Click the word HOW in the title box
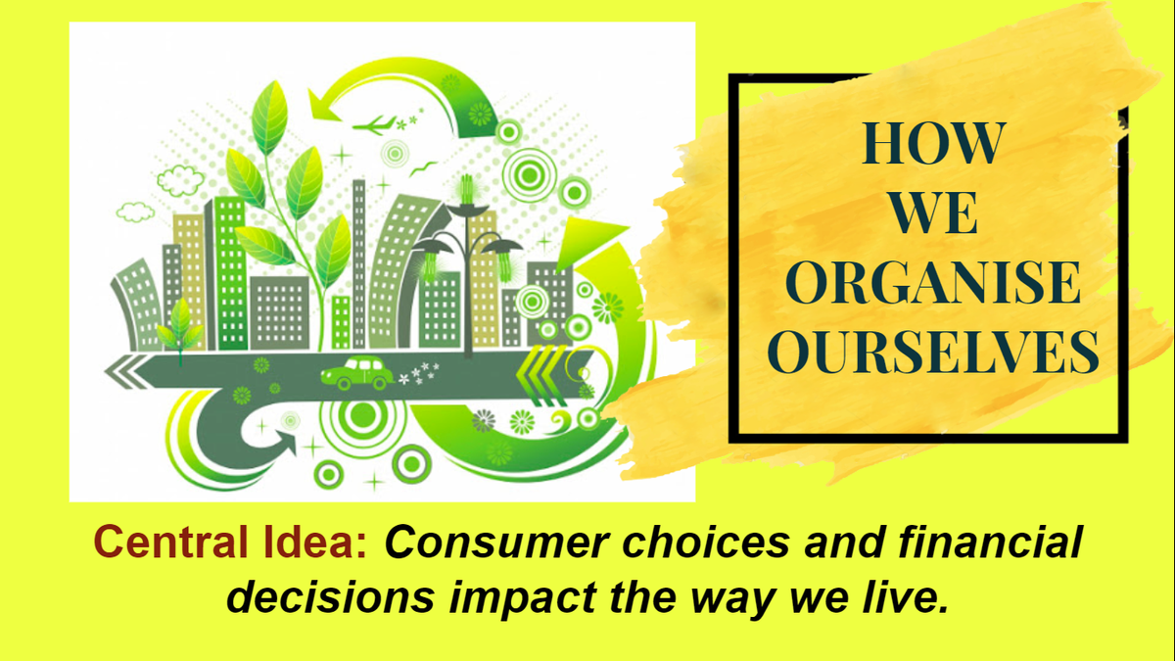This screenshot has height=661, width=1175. pos(933,143)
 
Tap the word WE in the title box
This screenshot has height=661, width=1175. pos(934,213)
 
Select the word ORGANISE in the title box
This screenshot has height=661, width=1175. pos(932,282)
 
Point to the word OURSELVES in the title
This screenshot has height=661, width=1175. pos(933,352)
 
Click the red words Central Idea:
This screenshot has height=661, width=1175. pos(230,542)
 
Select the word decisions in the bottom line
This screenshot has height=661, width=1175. pos(331,597)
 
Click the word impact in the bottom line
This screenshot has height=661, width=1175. pos(523,598)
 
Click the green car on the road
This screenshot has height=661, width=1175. pos(356,373)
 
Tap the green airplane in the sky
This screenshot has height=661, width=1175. pos(374,125)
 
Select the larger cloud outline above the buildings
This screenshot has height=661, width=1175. pos(180,180)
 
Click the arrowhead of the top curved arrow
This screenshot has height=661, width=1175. pos(324,106)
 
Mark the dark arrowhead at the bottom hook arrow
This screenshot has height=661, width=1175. pos(284,444)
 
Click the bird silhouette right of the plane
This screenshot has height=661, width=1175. pos(423,168)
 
